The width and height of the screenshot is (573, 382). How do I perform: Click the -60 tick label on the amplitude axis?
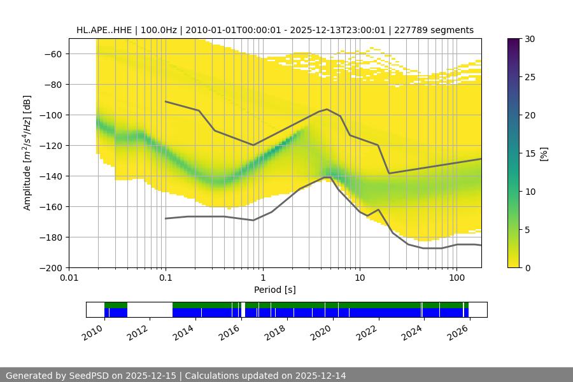tap(52, 54)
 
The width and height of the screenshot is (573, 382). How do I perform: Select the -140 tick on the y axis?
tap(49, 176)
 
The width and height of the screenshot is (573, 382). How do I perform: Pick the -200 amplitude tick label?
tap(49, 268)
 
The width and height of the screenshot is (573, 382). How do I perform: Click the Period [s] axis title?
tap(274, 290)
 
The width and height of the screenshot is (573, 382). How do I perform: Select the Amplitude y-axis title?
tap(27, 153)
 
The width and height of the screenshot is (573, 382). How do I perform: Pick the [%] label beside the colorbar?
tap(544, 153)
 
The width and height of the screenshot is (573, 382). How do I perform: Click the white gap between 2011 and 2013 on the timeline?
tap(150, 309)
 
